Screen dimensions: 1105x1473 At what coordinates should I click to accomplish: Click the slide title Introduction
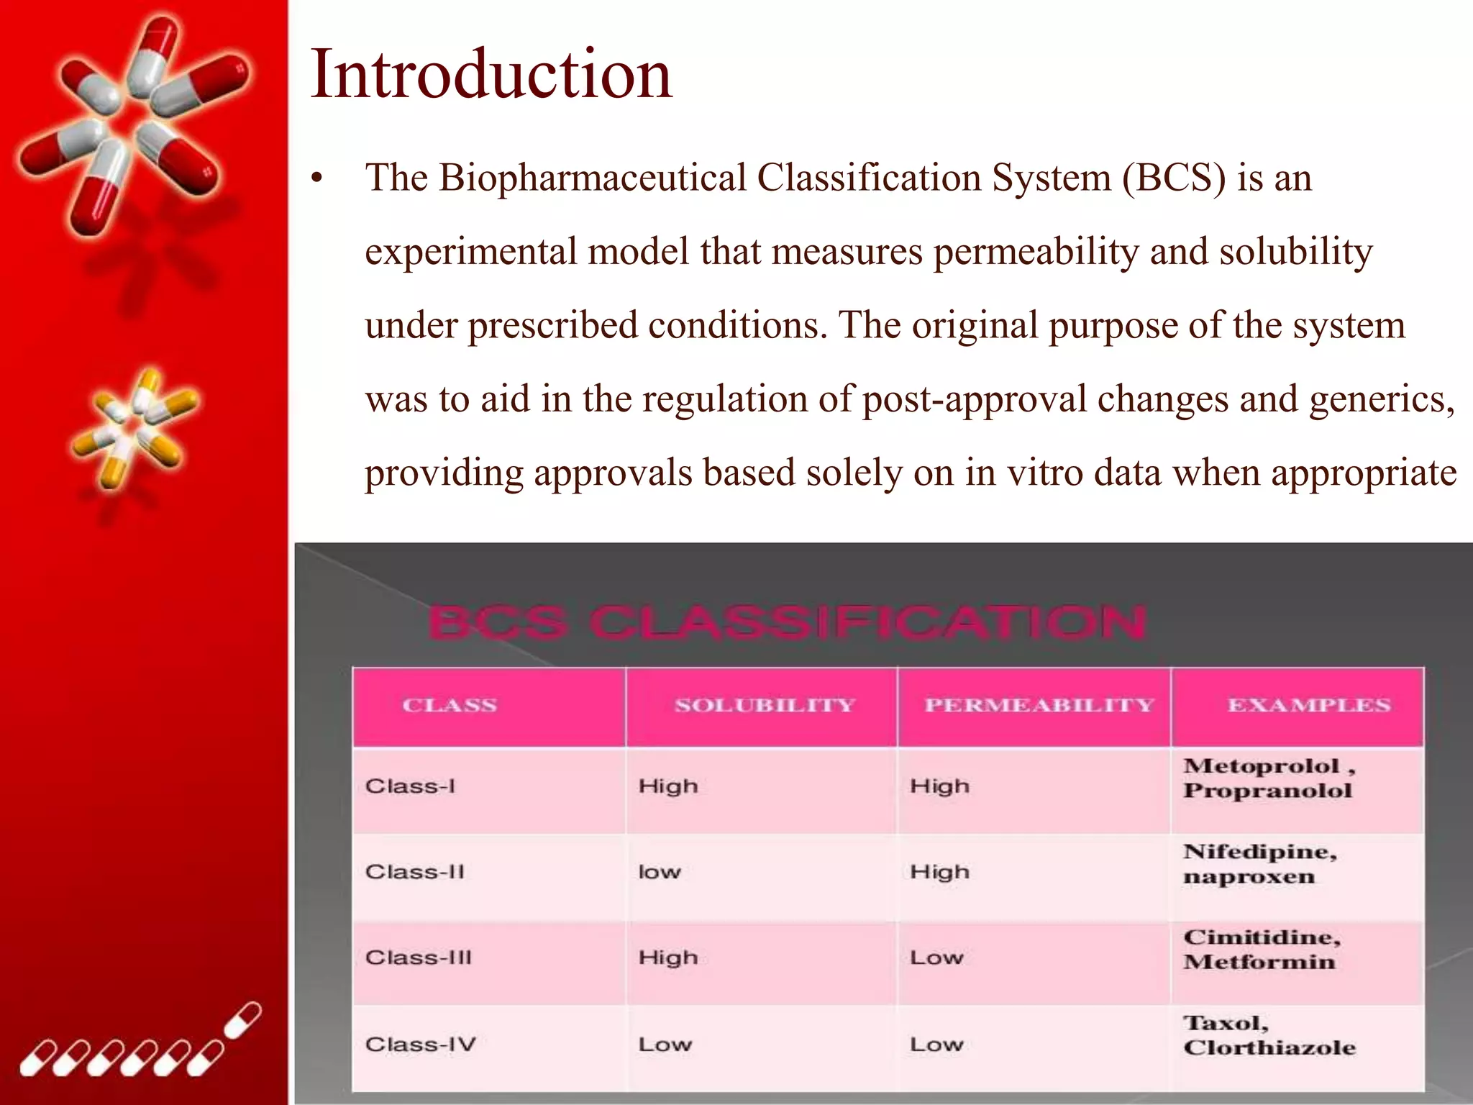(x=491, y=73)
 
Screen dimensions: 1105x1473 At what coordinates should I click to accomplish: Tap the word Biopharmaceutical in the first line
(x=593, y=178)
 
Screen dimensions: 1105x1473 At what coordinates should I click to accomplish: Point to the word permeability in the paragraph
(x=1036, y=252)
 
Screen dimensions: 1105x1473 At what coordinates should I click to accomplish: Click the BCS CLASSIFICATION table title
(x=785, y=622)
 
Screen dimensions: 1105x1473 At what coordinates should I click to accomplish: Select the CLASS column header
(x=450, y=706)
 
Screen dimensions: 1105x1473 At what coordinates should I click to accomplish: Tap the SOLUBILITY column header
(x=765, y=706)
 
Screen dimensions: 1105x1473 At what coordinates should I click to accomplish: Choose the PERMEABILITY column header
(x=1039, y=706)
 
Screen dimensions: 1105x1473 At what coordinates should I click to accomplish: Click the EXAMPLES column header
(x=1308, y=706)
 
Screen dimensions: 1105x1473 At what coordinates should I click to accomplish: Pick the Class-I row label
(x=410, y=786)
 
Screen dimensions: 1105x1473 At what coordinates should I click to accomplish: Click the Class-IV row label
(x=420, y=1045)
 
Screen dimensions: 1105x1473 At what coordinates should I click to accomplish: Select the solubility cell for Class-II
(x=659, y=873)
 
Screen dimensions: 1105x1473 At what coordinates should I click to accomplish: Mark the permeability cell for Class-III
(x=936, y=958)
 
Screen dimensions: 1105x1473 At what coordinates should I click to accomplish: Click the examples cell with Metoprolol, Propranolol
(x=1269, y=778)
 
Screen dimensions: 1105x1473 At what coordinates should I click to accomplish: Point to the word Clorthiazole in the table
(x=1269, y=1048)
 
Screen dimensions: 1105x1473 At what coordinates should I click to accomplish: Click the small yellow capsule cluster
(x=134, y=427)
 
